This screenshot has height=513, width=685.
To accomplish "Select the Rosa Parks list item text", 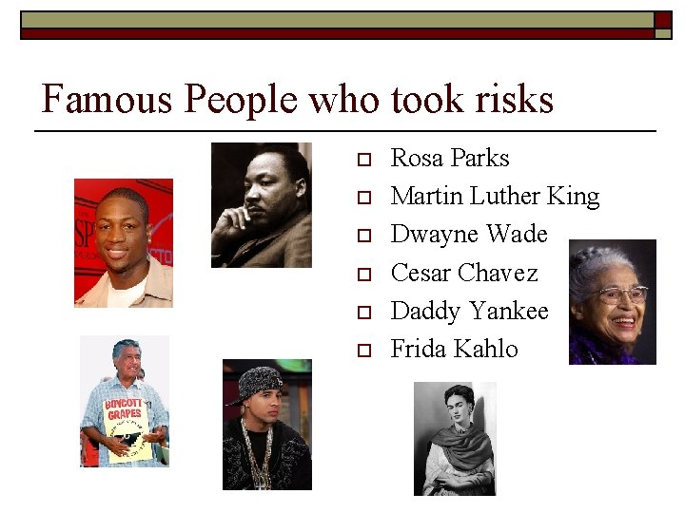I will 449,158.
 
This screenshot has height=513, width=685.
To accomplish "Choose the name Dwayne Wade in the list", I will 469,235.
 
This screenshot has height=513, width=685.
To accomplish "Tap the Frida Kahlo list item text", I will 454,349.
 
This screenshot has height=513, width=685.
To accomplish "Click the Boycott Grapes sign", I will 125,409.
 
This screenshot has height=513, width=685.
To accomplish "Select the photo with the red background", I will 124,242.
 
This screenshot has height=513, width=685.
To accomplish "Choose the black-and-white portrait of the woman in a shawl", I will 454,438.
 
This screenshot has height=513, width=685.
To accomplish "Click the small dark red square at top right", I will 662,19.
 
